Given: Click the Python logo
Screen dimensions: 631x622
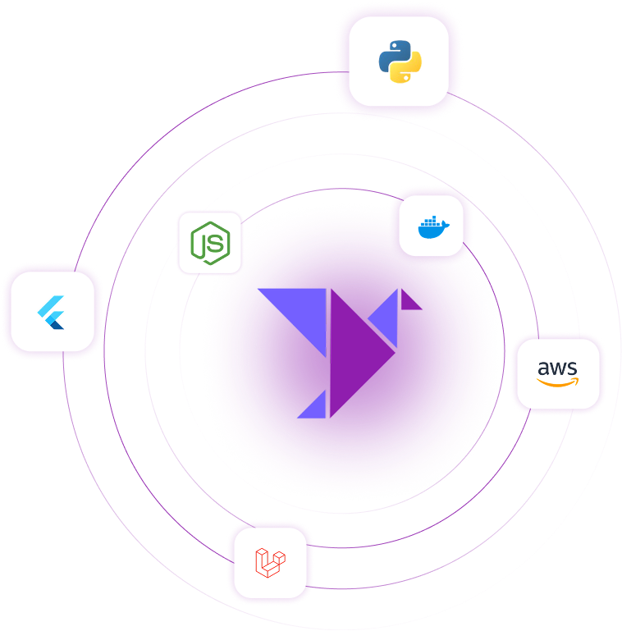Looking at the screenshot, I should click(x=400, y=62).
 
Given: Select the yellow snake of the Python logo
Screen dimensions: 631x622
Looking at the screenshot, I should click(x=408, y=71).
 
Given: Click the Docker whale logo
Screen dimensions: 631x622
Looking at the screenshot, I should click(x=431, y=226).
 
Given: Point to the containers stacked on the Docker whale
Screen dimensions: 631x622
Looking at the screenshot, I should click(x=429, y=222).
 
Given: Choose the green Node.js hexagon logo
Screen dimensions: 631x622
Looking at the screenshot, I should click(x=210, y=242).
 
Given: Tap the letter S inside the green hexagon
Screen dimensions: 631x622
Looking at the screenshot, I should click(x=216, y=242).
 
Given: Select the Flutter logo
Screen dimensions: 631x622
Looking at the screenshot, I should click(x=52, y=312).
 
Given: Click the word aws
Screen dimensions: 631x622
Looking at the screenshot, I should click(x=557, y=368).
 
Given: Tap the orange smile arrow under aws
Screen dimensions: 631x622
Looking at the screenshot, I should click(x=558, y=382).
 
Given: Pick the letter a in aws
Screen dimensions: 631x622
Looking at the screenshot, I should click(x=544, y=368).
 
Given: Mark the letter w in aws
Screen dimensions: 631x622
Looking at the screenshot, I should click(x=558, y=368).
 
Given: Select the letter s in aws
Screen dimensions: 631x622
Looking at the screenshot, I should click(x=572, y=368).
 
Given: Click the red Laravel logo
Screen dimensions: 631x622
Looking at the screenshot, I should click(x=270, y=562).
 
